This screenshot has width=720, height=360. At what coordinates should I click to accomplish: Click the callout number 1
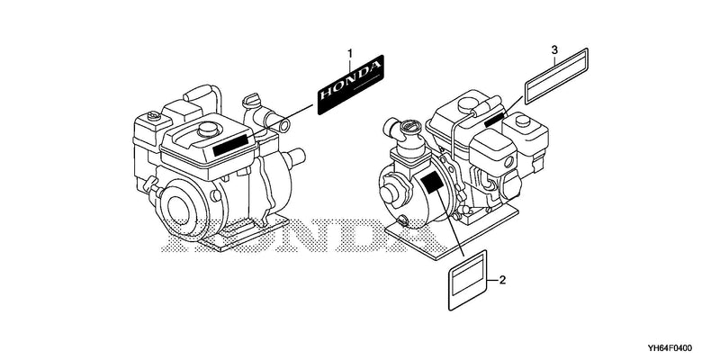click(350, 54)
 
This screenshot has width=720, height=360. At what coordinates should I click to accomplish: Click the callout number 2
click(502, 280)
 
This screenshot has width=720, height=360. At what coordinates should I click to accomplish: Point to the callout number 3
click(554, 49)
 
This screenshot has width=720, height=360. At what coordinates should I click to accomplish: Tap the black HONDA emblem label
click(350, 85)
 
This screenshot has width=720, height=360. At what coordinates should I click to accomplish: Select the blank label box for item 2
click(467, 280)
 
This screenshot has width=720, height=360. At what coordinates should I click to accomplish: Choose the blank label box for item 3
click(556, 76)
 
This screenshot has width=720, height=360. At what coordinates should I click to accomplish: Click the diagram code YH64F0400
click(670, 347)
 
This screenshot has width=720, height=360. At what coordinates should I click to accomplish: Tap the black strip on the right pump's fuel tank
click(496, 120)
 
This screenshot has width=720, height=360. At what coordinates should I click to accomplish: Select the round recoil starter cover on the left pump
click(183, 211)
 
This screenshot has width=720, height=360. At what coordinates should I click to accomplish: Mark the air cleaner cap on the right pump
click(523, 121)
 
